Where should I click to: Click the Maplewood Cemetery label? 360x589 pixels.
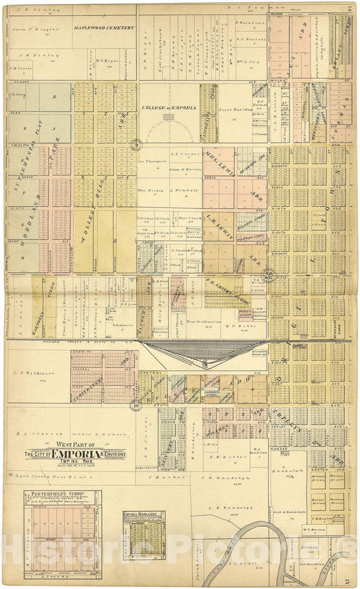104,28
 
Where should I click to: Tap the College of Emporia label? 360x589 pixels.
169,107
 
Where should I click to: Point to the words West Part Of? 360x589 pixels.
75,445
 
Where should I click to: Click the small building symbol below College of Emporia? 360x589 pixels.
169,117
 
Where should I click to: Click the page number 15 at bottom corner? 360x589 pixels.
350,580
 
